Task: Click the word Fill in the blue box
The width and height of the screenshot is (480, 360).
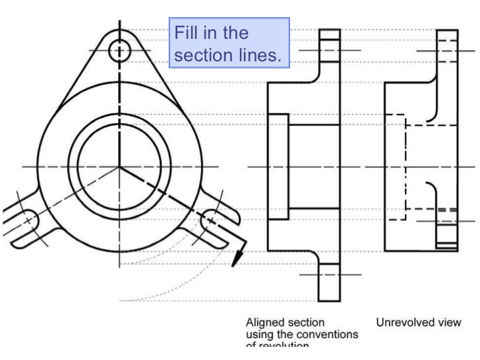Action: (189, 33)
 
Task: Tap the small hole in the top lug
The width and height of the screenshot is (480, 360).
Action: (119, 50)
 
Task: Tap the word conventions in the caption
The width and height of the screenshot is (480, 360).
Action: (330, 334)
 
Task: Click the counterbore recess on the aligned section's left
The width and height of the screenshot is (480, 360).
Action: (278, 167)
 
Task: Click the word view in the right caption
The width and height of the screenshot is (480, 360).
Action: (448, 322)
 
